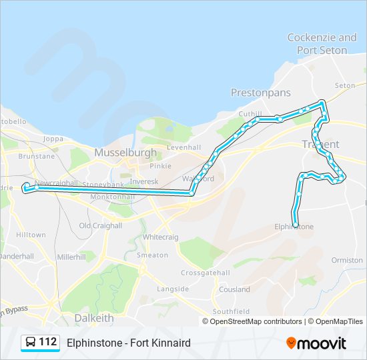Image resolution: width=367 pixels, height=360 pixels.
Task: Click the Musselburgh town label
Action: [x=125, y=153]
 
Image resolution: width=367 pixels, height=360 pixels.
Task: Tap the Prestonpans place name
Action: [x=261, y=93]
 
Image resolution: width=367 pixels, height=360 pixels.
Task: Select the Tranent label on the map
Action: [x=321, y=144]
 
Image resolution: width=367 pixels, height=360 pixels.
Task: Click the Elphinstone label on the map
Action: [x=294, y=227]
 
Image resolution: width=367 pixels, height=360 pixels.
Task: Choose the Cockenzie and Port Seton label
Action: [x=322, y=43]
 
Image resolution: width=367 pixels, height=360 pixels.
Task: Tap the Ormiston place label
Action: [x=347, y=260]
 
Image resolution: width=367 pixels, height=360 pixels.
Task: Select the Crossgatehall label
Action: [x=206, y=273]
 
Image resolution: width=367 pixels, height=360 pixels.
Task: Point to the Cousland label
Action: [x=234, y=289]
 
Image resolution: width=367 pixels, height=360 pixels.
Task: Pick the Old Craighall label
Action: [x=101, y=225]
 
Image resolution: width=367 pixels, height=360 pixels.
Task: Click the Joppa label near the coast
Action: [x=53, y=139]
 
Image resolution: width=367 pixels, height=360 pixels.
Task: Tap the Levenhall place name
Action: [x=184, y=147]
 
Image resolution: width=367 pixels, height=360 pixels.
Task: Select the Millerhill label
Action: [x=71, y=256]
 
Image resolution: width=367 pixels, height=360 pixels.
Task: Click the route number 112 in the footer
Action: [x=47, y=342]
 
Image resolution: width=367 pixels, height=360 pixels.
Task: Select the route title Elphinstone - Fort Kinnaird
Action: [x=129, y=343]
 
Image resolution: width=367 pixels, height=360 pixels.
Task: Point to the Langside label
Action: [x=173, y=289]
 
